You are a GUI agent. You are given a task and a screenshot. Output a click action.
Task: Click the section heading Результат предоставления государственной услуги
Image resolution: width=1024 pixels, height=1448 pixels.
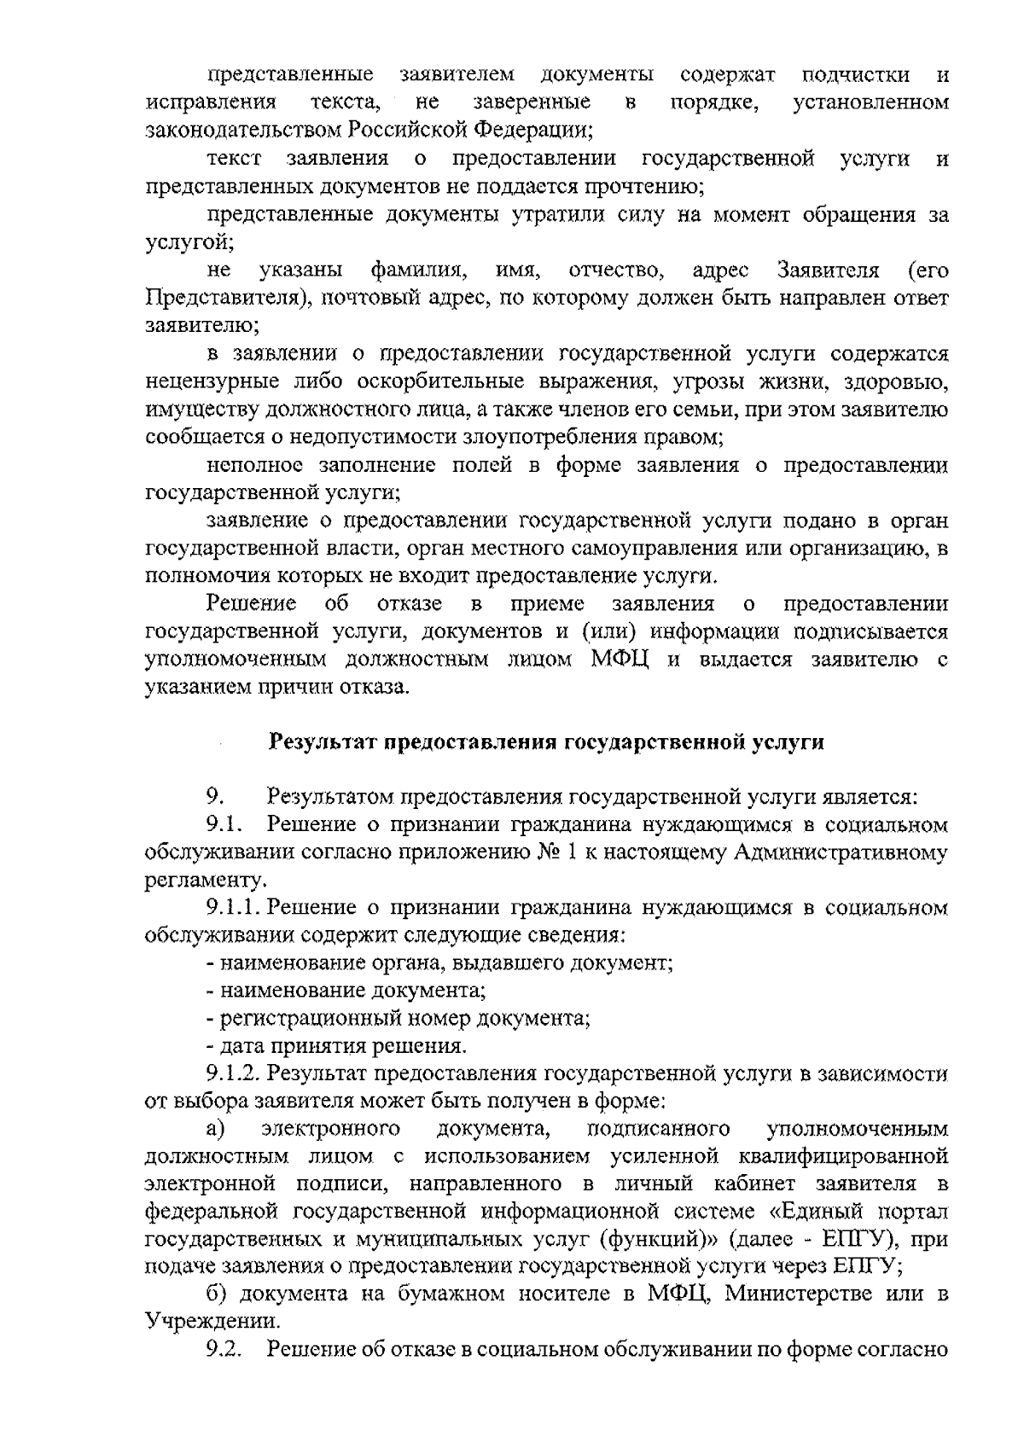tap(547, 741)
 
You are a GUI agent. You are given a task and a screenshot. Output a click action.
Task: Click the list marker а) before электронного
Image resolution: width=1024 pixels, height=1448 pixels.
tap(214, 1128)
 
